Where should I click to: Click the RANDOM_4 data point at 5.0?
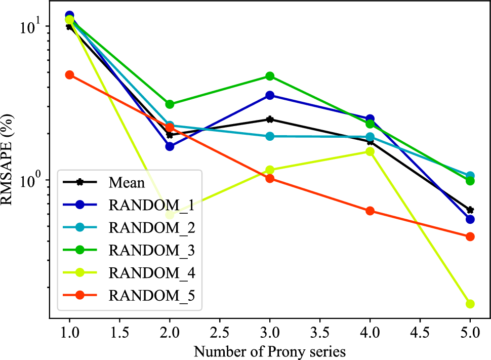point(470,304)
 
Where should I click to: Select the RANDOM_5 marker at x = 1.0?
point(69,75)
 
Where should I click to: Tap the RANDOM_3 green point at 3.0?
point(270,76)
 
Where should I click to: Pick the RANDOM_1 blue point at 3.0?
point(270,95)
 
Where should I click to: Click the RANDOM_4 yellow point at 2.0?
point(170,215)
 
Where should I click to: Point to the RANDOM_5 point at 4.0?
point(370,211)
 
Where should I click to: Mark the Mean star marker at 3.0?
point(270,119)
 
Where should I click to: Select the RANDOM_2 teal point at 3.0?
point(270,136)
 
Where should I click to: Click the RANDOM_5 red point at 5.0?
point(470,236)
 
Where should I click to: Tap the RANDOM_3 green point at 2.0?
point(170,104)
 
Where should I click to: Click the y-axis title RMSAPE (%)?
point(11,167)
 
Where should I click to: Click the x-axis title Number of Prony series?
point(270,351)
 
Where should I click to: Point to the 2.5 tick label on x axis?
point(220,333)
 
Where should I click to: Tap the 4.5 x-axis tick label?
point(420,333)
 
